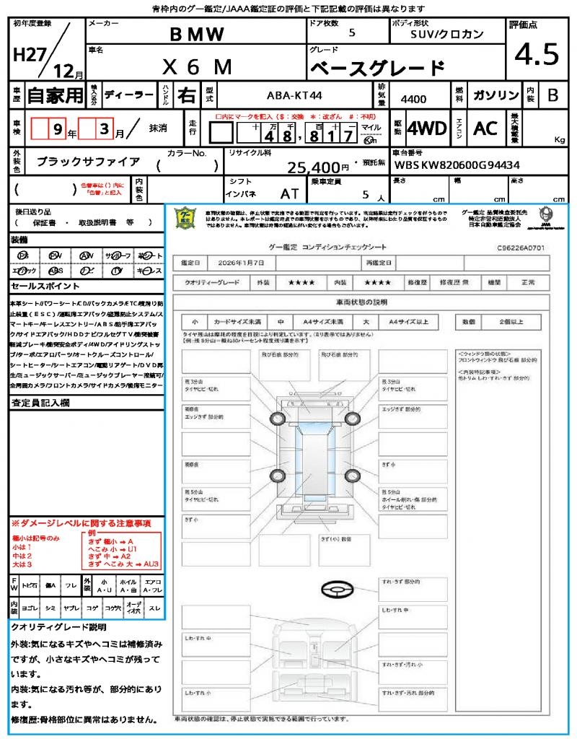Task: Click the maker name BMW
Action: point(197,34)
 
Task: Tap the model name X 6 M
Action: point(197,67)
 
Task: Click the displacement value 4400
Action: point(413,98)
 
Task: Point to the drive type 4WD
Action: point(426,128)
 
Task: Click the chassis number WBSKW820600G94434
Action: point(456,165)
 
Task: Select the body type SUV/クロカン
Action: point(447,34)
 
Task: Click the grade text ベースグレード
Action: point(377,69)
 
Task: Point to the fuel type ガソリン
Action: point(495,95)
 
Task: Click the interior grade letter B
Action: point(552,95)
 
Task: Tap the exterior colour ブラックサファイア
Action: point(89,162)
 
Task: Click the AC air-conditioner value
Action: point(485,128)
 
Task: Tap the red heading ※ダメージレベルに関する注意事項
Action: point(80,522)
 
